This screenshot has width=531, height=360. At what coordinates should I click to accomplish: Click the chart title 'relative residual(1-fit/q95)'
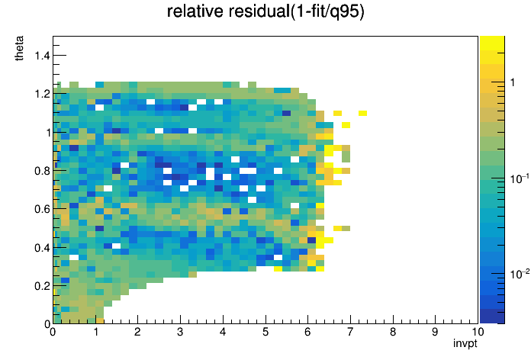265,11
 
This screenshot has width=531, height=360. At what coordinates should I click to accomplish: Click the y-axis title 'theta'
19,48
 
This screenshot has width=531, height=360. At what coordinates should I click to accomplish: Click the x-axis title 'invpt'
465,343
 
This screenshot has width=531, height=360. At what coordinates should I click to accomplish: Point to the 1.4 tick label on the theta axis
42,55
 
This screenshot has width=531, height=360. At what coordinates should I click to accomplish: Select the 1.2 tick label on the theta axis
42,94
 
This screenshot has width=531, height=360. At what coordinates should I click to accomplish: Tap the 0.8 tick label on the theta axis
42,171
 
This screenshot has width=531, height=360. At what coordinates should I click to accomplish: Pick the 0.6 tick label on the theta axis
42,209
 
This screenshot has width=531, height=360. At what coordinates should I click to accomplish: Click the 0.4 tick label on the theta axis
42,248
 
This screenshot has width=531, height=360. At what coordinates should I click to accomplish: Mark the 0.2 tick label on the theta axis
42,286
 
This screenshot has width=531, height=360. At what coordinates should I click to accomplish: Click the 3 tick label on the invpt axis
180,332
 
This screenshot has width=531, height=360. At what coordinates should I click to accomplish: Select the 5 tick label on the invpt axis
265,332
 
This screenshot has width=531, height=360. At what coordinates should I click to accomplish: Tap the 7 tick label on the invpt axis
350,332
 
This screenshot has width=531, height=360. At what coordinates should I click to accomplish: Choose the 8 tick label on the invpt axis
392,332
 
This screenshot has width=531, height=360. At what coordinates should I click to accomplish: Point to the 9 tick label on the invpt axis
435,332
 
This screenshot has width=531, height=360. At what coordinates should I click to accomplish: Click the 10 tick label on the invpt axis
477,332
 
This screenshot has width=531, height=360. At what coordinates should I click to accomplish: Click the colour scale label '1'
513,82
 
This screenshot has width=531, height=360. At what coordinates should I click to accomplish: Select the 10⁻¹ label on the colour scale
520,178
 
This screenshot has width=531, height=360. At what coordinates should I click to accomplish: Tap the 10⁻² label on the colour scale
520,274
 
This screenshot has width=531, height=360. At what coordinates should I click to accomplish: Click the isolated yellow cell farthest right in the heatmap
362,113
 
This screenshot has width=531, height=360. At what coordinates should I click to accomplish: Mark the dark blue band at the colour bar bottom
492,317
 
